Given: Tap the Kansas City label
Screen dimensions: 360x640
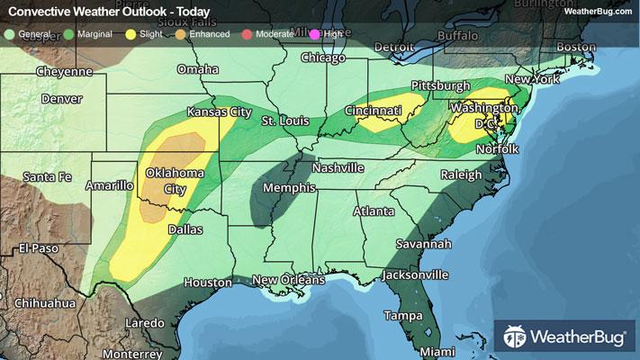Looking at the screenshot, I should coord(217,112).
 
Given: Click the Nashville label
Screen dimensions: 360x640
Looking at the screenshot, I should coord(338,168).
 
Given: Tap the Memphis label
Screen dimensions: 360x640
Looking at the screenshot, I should coord(289,188).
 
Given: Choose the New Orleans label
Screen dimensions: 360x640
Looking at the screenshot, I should coord(287,281).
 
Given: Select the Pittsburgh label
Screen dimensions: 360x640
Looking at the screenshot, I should coord(440,85).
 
